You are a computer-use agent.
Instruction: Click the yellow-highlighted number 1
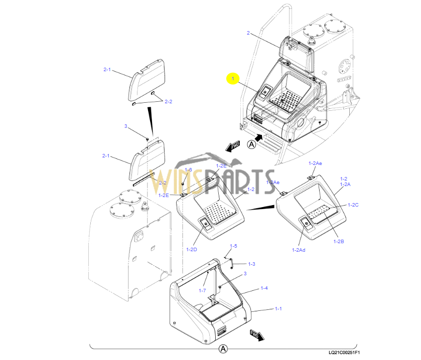(233, 78)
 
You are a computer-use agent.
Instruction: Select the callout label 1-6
(188, 170)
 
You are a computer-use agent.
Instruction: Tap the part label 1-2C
(353, 205)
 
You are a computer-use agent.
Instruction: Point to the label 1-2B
(339, 241)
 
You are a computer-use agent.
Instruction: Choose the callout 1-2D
(191, 249)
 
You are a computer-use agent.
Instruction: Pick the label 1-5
(233, 246)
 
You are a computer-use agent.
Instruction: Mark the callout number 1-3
(251, 264)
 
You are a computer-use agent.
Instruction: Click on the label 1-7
(202, 290)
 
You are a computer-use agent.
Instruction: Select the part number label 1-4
(264, 288)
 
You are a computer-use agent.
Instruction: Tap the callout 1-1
(278, 309)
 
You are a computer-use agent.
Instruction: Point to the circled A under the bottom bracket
(223, 349)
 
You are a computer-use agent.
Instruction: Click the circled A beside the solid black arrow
(252, 144)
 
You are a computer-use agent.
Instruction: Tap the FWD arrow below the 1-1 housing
(256, 335)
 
